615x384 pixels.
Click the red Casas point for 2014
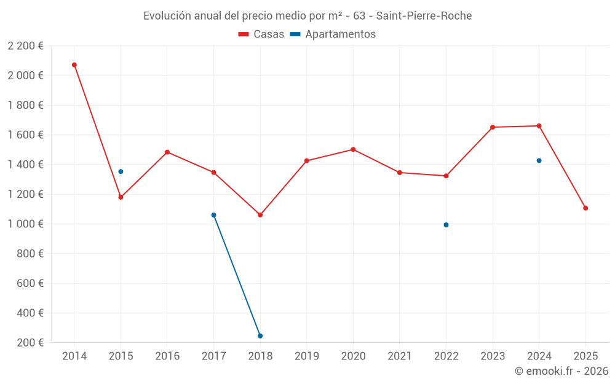tap(74, 65)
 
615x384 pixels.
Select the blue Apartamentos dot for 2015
tap(121, 171)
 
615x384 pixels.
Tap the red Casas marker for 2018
tap(260, 215)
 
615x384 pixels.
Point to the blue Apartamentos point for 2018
tap(260, 336)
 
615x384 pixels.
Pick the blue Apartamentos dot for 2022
tap(446, 225)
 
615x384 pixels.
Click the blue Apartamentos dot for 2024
tap(539, 160)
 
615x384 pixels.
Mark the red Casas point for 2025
tap(585, 208)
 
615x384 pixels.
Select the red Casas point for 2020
tap(353, 149)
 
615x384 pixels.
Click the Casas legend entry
tap(261, 34)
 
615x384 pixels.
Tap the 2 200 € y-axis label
tap(26, 46)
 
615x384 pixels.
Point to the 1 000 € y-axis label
tap(26, 224)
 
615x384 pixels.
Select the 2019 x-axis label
tap(307, 356)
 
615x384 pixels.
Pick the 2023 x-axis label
tap(493, 356)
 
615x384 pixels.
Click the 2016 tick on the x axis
tap(167, 356)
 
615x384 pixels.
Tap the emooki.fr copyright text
tap(561, 371)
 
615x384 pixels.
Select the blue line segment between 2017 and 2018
tap(237, 275)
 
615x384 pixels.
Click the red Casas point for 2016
tap(167, 152)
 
